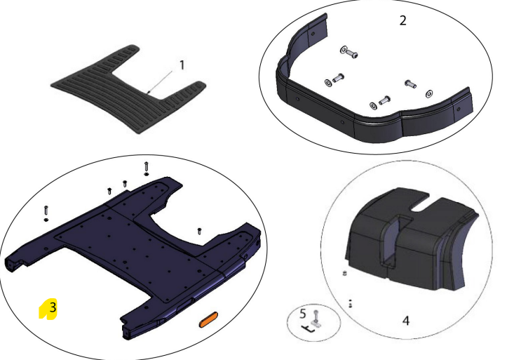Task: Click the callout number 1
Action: click(182, 65)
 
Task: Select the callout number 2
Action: click(403, 20)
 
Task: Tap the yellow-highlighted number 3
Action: click(53, 307)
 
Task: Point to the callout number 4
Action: click(406, 321)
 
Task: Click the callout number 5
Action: click(303, 314)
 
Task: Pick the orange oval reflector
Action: click(208, 320)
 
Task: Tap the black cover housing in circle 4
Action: click(411, 239)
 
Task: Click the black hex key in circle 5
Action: click(308, 329)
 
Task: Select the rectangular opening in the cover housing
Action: click(391, 243)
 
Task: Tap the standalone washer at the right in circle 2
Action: click(429, 94)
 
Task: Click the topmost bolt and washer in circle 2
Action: click(349, 53)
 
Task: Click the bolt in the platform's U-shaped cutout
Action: click(199, 231)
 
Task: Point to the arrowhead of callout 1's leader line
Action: click(148, 93)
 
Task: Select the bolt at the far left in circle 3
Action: click(46, 213)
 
